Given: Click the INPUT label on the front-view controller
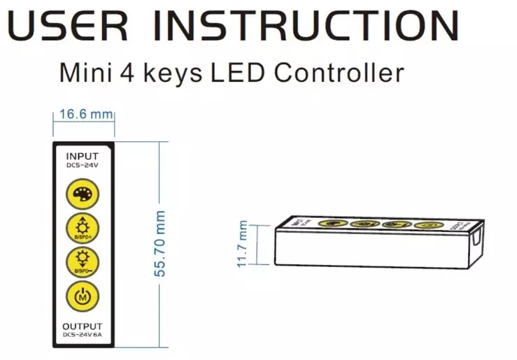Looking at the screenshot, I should pos(83,155).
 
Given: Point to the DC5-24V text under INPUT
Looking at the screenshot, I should pos(83,166).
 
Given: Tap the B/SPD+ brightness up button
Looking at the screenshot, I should pos(83,228).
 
